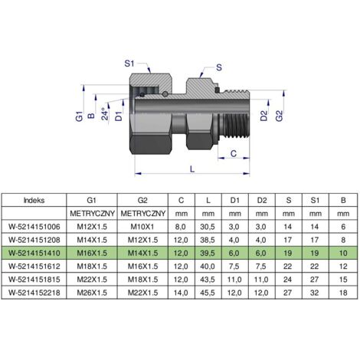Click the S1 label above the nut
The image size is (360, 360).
[129, 64]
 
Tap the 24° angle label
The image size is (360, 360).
[105, 114]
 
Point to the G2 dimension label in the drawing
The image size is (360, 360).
[280, 116]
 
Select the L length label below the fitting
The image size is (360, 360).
[192, 169]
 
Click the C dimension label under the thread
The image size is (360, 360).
[234, 153]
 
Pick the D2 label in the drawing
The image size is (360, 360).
[264, 116]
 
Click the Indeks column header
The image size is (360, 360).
[34, 200]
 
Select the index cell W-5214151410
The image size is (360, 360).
[34, 253]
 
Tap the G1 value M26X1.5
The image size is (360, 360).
[92, 293]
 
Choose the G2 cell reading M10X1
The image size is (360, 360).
[142, 227]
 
